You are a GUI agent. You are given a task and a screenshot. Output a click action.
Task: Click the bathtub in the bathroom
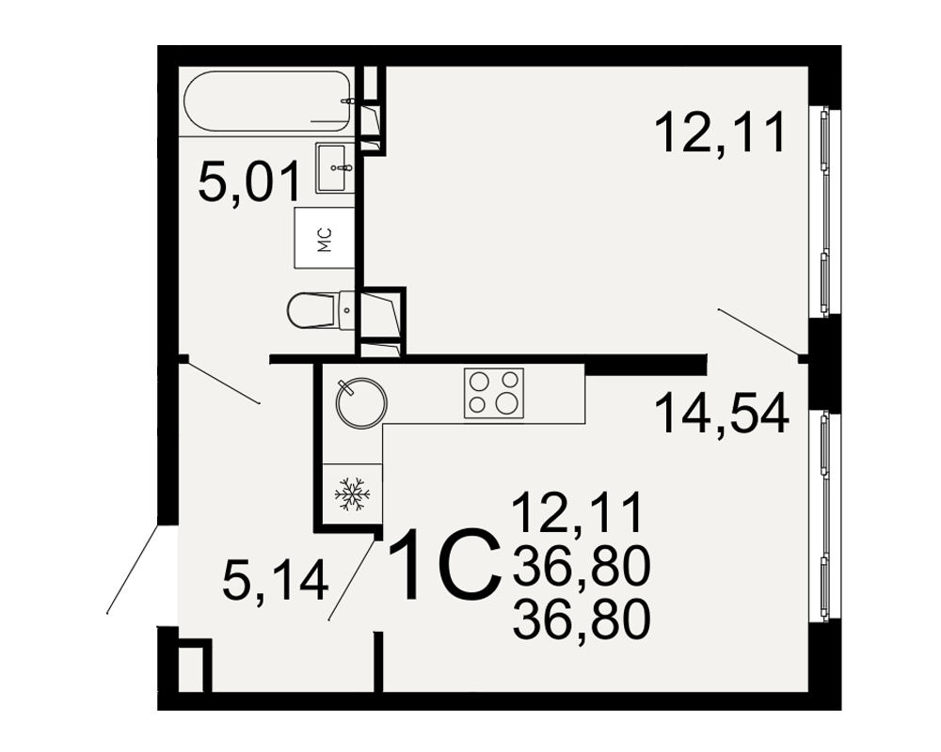(267, 102)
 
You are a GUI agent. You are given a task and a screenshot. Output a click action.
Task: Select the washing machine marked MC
(324, 238)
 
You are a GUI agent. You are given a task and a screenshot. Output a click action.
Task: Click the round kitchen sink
(361, 403)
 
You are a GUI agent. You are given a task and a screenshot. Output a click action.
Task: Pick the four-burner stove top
(494, 393)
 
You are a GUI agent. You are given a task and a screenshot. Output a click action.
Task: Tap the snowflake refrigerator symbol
(352, 494)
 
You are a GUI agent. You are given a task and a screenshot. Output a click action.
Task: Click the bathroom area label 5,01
(249, 183)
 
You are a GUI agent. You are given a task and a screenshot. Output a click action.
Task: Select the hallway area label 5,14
(276, 581)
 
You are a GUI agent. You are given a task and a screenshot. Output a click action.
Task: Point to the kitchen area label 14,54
(722, 414)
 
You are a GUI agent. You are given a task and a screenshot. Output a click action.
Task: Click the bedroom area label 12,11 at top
(721, 133)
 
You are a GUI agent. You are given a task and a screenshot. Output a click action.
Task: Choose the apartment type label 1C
(445, 564)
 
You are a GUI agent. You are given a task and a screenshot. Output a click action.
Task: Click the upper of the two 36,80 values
(582, 567)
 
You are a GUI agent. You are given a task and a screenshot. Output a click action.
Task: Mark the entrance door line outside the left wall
(133, 569)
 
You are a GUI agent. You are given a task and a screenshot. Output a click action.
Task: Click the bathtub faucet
(345, 101)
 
